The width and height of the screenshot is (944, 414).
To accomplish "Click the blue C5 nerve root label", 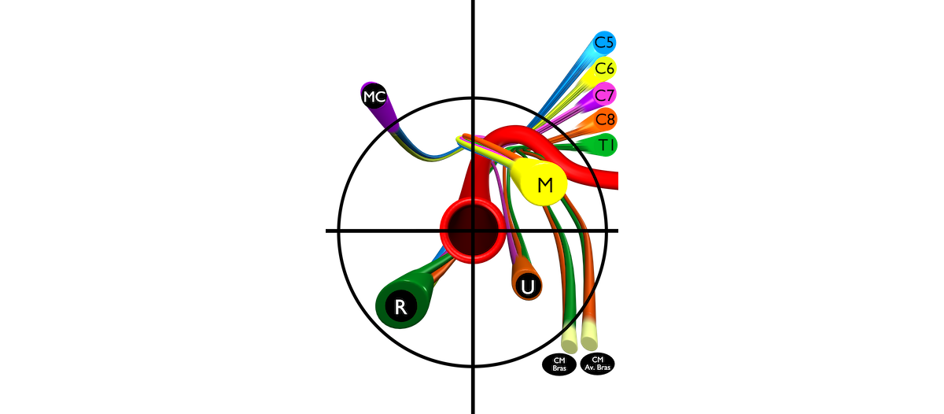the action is [604, 43].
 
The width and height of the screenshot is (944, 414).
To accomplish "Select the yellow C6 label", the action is [604, 68].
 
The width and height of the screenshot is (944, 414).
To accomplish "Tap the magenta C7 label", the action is [604, 94].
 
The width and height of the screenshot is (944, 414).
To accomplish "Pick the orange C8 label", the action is [605, 120].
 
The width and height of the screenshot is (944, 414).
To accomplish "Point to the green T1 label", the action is [606, 145].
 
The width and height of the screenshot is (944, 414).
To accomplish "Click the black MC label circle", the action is [374, 97].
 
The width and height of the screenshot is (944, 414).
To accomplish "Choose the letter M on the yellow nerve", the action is [545, 185].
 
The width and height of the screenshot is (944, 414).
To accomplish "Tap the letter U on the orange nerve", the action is [528, 286].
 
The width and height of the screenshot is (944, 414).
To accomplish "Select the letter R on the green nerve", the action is [400, 307].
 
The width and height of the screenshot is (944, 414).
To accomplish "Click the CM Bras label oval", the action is [559, 364].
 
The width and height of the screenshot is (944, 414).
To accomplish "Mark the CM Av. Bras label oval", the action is [598, 364].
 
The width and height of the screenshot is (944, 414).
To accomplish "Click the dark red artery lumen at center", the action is [473, 231].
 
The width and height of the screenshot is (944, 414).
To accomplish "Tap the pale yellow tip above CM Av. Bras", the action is [589, 336].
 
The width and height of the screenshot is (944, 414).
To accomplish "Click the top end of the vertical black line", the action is [473, 1].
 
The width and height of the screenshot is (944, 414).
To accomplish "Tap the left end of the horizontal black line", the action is [326, 231].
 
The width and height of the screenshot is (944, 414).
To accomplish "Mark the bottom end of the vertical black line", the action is [473, 412].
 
